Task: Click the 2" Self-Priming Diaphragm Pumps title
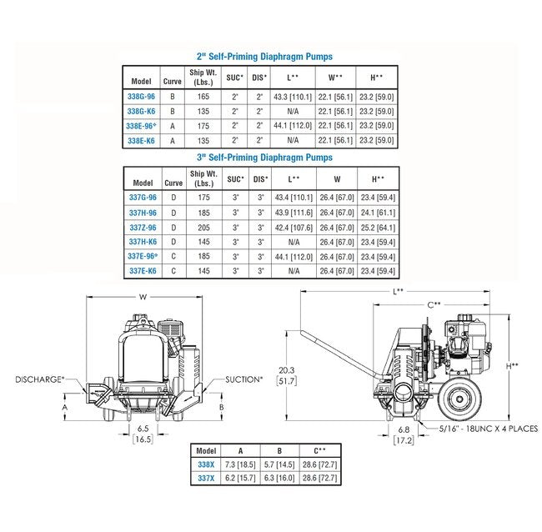pos(263,57)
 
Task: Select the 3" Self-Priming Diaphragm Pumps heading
pos(263,157)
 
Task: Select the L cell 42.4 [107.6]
pos(293,226)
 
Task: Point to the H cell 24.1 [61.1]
pos(379,211)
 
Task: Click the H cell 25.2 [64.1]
pos(379,226)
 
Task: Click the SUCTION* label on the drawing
pos(243,379)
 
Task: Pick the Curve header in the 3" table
pos(173,182)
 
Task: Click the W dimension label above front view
pos(143,295)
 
